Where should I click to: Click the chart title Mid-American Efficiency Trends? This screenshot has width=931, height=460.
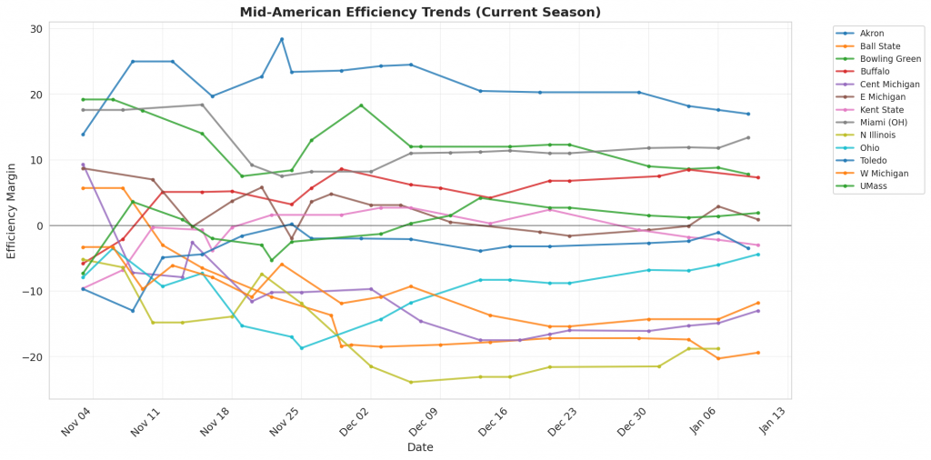[420, 12]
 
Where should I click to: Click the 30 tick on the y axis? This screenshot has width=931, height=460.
[36, 29]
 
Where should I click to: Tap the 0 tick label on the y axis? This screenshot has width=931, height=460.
[39, 225]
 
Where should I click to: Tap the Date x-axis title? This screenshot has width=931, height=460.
[420, 447]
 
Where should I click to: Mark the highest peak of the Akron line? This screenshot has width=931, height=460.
[282, 39]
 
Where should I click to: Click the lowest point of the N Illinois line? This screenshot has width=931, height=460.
[411, 382]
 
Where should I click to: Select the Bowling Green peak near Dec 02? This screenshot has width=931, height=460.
[361, 105]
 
